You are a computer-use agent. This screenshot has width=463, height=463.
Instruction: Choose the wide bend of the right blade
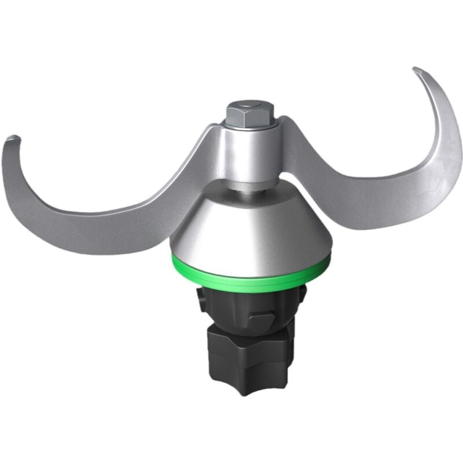(428, 174)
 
